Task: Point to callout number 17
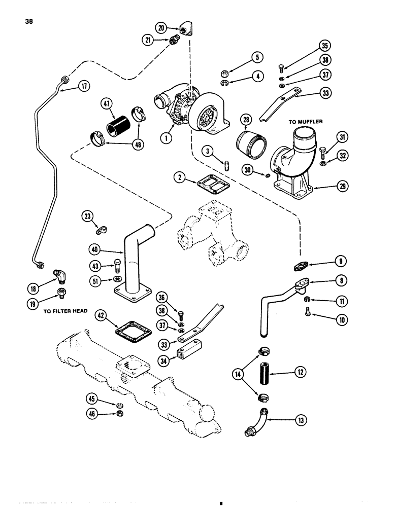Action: (x=81, y=87)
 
